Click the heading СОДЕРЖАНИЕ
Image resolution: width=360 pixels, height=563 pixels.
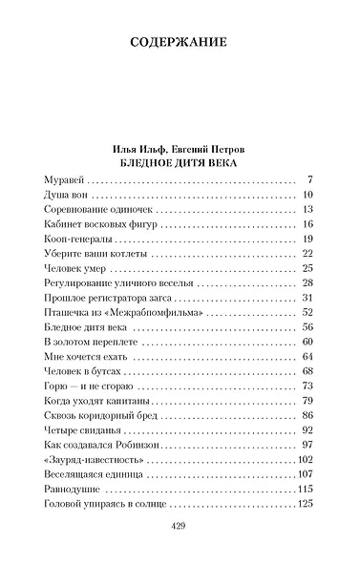click(180, 42)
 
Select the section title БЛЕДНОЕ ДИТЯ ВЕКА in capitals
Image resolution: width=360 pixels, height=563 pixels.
click(179, 163)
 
